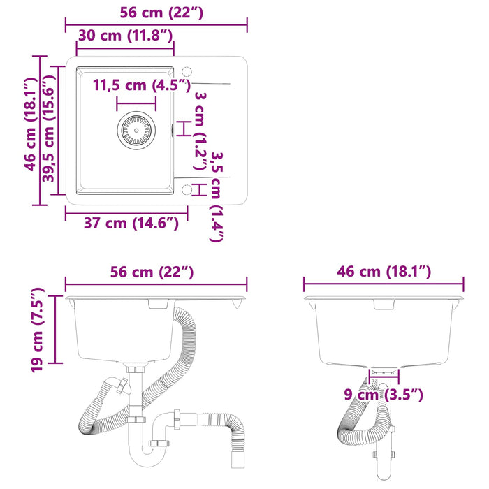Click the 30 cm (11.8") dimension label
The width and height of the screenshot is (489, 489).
(125, 36)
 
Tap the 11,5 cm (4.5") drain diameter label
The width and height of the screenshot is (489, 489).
(142, 85)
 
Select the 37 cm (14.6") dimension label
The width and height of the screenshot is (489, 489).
(131, 224)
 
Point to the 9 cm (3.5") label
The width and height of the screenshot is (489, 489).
(384, 395)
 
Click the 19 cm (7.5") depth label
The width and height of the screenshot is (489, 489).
(38, 330)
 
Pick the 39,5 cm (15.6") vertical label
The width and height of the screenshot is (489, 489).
(49, 129)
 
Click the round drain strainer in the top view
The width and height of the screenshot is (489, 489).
(136, 131)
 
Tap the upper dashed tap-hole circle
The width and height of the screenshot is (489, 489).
(187, 72)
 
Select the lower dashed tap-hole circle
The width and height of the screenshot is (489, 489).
(187, 189)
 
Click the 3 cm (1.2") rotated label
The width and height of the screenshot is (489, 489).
(200, 131)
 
